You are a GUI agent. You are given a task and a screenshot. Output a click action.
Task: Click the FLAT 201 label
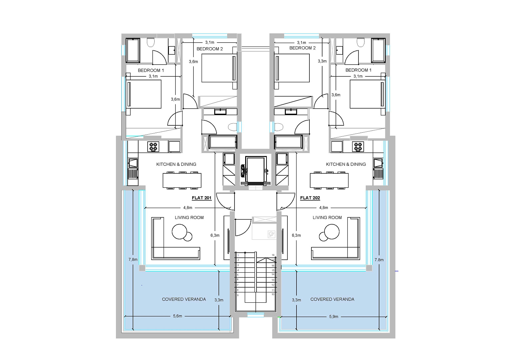[x=202, y=198]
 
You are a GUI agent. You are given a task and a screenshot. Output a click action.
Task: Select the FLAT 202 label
[x=310, y=198]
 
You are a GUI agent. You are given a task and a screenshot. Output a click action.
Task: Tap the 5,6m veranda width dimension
[x=178, y=316]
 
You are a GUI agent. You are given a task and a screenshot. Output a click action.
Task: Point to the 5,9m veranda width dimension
[x=333, y=317]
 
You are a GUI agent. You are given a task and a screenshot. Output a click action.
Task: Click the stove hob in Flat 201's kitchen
[x=153, y=147]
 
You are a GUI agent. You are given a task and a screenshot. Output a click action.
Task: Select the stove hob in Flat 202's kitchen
[x=358, y=147]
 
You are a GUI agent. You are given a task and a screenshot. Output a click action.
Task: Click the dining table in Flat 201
[x=182, y=180]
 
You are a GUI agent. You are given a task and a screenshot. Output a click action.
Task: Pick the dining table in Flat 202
[x=329, y=180]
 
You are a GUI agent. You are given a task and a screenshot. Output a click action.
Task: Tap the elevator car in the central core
[x=255, y=169]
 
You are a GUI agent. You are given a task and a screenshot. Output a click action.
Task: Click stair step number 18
[x=273, y=255]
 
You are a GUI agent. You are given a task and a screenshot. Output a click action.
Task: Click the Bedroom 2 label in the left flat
[x=210, y=49]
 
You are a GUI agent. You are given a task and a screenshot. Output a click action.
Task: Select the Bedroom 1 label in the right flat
[x=358, y=70]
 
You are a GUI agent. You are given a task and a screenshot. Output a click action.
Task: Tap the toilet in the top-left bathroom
[x=151, y=42]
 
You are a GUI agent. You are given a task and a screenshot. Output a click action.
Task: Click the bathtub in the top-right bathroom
[x=378, y=50]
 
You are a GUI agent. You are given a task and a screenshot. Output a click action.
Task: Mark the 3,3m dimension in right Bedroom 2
[x=322, y=61]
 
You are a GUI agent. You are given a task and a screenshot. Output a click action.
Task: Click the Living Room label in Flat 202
[x=327, y=218]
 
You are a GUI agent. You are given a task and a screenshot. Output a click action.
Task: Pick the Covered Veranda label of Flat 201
[x=184, y=299]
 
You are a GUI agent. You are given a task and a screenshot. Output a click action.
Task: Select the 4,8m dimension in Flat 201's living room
[x=188, y=208]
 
